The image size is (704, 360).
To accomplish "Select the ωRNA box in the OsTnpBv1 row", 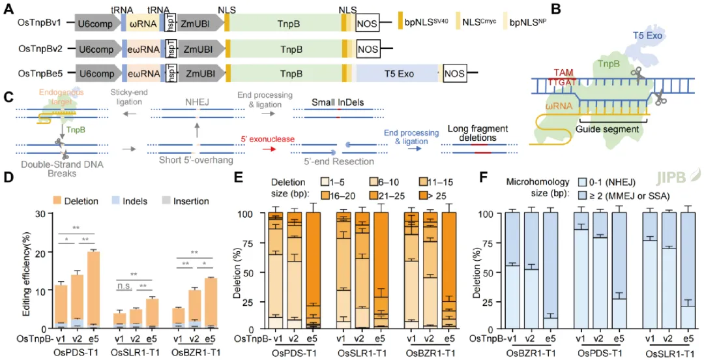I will click(143, 23).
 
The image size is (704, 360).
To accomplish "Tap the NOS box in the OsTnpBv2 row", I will click(368, 48).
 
